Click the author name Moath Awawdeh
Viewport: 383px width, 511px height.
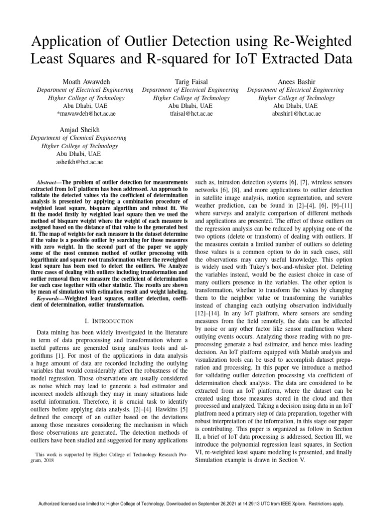click(x=85, y=82)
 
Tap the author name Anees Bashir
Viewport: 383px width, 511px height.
click(x=296, y=82)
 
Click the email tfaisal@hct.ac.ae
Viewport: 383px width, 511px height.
click(x=191, y=114)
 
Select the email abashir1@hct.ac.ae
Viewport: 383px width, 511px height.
click(x=296, y=114)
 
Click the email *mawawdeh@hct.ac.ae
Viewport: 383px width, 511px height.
click(x=85, y=114)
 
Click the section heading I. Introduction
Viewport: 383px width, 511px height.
click(x=105, y=321)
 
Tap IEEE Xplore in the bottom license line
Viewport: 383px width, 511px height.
click(x=305, y=504)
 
